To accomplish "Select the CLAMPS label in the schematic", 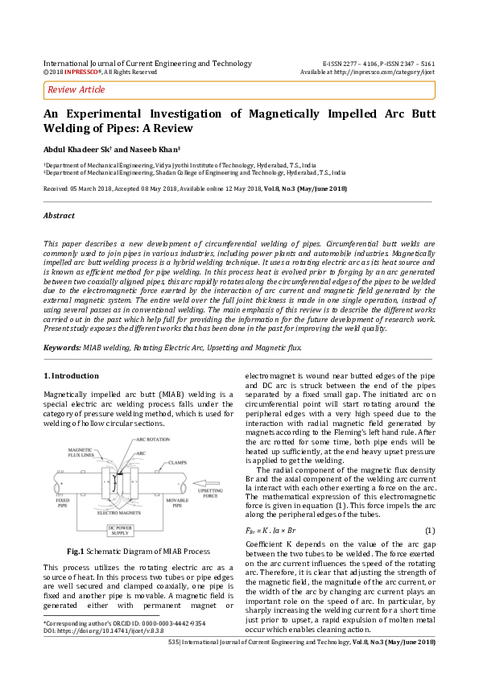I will point(179,463).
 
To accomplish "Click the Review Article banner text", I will point(76,89).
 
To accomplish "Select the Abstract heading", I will point(59,216).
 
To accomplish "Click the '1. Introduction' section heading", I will point(71,375).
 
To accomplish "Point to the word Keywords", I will point(61,346).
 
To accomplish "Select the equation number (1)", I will point(430,530).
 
